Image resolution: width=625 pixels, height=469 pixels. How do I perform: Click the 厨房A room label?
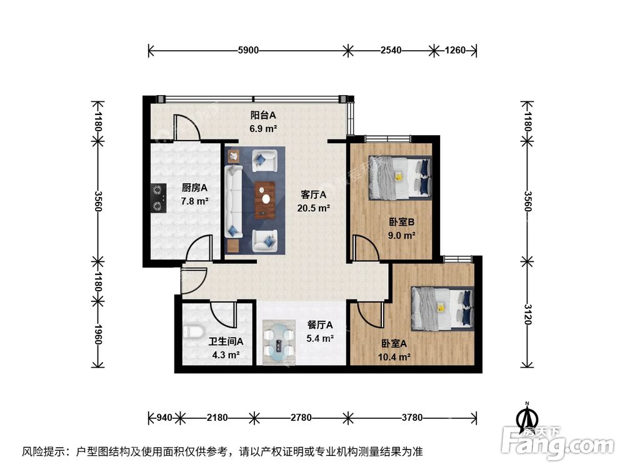tap(194, 188)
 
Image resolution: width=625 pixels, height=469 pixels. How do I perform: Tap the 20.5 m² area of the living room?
tap(315, 208)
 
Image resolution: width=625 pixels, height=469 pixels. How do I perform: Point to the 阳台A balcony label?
tap(263, 115)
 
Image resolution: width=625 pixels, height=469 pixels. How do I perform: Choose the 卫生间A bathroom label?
tap(225, 342)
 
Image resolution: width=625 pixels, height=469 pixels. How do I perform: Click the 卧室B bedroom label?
tap(401, 221)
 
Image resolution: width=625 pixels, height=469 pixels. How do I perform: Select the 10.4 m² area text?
tap(395, 357)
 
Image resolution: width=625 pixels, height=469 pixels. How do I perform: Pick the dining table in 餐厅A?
tap(279, 342)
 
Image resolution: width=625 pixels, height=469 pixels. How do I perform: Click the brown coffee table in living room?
tap(267, 198)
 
